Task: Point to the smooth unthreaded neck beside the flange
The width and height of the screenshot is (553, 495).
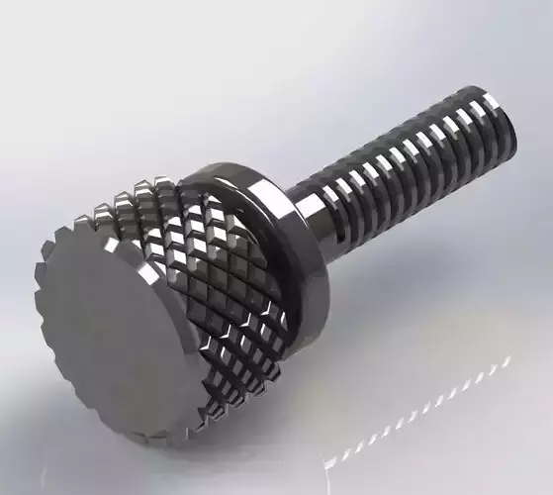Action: pos(313,213)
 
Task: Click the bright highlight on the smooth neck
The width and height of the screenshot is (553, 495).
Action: pos(310,202)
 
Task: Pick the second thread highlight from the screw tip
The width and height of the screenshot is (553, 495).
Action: pos(471,112)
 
